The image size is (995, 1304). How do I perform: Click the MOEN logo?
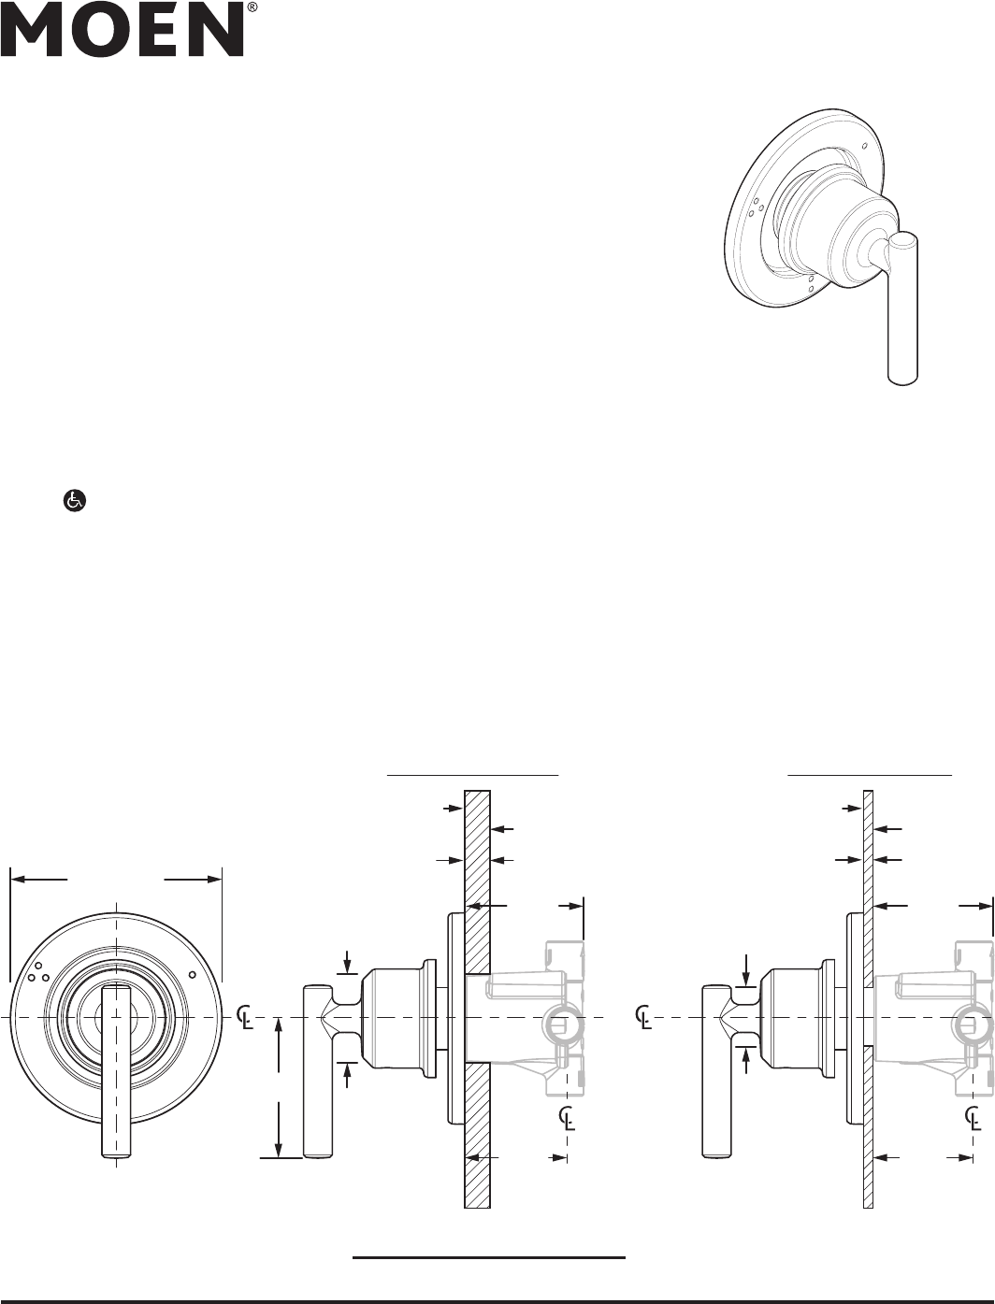123,30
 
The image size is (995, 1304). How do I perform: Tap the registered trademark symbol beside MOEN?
252,7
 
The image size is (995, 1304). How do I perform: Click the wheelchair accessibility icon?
75,501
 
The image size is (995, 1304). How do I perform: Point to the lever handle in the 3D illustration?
903,308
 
